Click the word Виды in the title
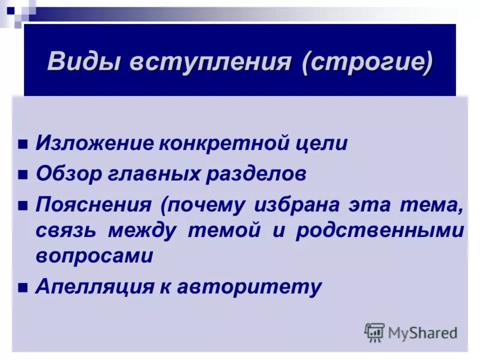pyautogui.click(x=83, y=62)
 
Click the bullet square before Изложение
pyautogui.click(x=23, y=145)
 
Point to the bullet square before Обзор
pyautogui.click(x=23, y=175)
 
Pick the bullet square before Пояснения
pyautogui.click(x=23, y=206)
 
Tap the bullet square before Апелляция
pyautogui.click(x=23, y=287)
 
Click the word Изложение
pyautogui.click(x=95, y=143)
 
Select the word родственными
pyautogui.click(x=380, y=231)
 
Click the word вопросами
pyautogui.click(x=94, y=256)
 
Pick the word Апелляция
pyautogui.click(x=96, y=286)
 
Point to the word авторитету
pyautogui.click(x=249, y=286)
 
